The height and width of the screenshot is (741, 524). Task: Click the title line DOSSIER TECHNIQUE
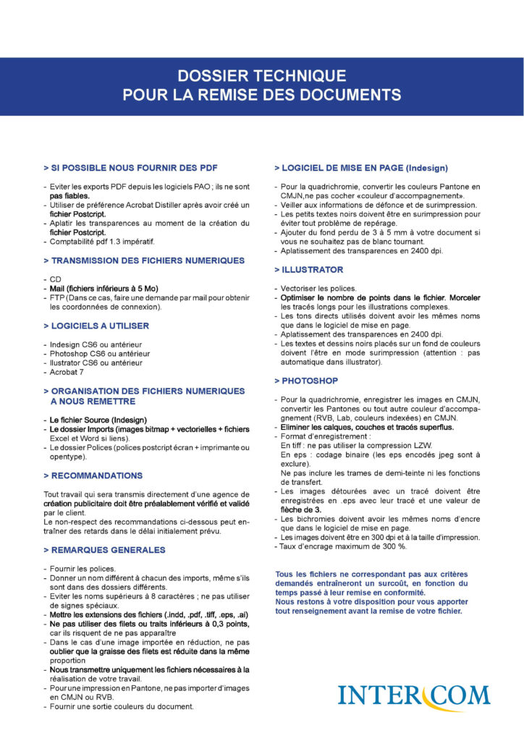click(x=262, y=75)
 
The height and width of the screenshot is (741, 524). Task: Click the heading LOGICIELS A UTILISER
click(x=99, y=326)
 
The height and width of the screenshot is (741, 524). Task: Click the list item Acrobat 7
click(x=67, y=372)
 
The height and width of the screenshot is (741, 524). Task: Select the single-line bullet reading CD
click(x=55, y=279)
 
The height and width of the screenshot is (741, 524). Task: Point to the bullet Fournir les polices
click(x=83, y=569)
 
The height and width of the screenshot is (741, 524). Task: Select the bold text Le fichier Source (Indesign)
click(x=98, y=420)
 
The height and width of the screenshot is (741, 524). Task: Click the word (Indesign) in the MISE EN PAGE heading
click(x=426, y=168)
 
